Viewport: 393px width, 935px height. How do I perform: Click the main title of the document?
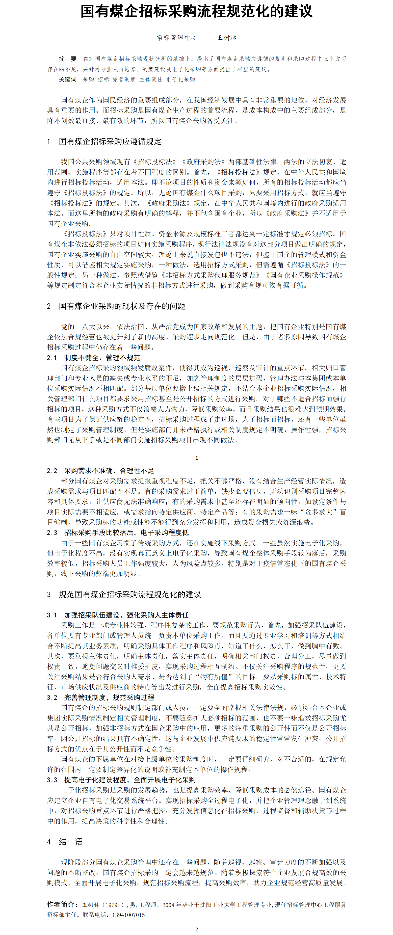click(x=196, y=12)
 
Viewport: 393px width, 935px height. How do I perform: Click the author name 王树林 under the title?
click(x=226, y=38)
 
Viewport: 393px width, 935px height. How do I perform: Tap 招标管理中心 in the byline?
click(x=177, y=38)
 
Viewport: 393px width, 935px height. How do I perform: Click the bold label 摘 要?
click(x=68, y=59)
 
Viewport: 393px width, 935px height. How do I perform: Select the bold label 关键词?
click(x=68, y=80)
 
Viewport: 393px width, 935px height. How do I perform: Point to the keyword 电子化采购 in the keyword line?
click(x=181, y=80)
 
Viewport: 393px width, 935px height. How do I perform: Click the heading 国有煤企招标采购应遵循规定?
click(x=110, y=142)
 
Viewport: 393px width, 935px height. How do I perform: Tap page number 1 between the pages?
click(x=196, y=458)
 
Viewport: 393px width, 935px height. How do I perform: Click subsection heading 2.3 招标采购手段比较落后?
click(x=118, y=533)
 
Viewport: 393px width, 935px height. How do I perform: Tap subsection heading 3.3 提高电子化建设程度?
click(x=121, y=780)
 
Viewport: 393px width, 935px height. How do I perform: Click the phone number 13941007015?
click(x=129, y=915)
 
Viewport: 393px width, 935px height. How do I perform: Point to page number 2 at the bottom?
click(x=196, y=929)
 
